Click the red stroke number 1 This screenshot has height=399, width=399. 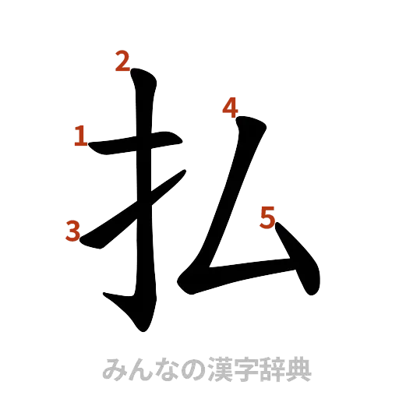[x=79, y=137]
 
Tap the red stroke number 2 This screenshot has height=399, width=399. [x=122, y=61]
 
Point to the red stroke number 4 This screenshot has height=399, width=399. [x=229, y=108]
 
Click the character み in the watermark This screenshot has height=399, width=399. [x=113, y=369]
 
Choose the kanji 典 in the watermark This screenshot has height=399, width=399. [x=298, y=369]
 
